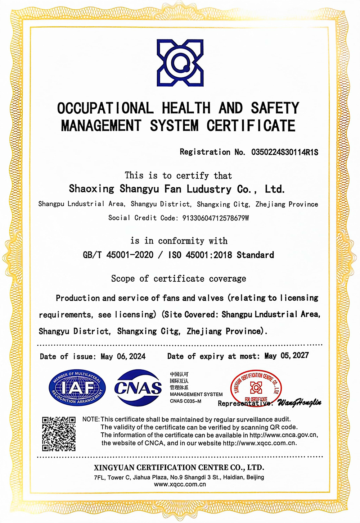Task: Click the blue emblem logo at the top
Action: pos(180,63)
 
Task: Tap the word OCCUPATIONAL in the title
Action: pos(105,108)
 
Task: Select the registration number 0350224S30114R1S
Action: pos(285,152)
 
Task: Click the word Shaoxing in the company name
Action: pos(91,189)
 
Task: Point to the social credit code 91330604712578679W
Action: pos(216,218)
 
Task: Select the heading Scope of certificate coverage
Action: pos(179,279)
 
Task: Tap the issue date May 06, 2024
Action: pos(123,356)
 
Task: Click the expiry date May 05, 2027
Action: pos(287,356)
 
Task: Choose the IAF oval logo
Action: pos(77,388)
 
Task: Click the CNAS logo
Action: pos(138,388)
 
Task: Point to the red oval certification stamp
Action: pos(256,388)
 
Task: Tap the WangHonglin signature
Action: pos(299,403)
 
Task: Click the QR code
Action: pos(59,433)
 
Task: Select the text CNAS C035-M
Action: pos(185,401)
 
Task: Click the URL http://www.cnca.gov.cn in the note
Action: pos(283,435)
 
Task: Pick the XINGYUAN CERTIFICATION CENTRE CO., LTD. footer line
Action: pos(179,468)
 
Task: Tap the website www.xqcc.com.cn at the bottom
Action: pos(180,485)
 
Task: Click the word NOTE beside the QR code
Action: pos(91,419)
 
